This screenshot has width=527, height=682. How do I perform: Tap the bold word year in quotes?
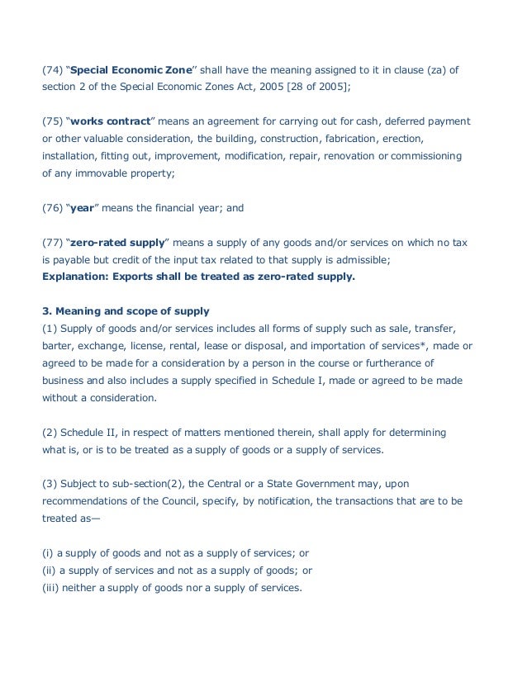click(x=82, y=208)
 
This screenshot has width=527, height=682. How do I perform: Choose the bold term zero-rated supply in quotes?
click(x=118, y=243)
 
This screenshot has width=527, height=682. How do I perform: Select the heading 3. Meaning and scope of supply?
click(x=126, y=311)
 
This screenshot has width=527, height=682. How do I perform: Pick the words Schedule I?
click(x=290, y=380)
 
